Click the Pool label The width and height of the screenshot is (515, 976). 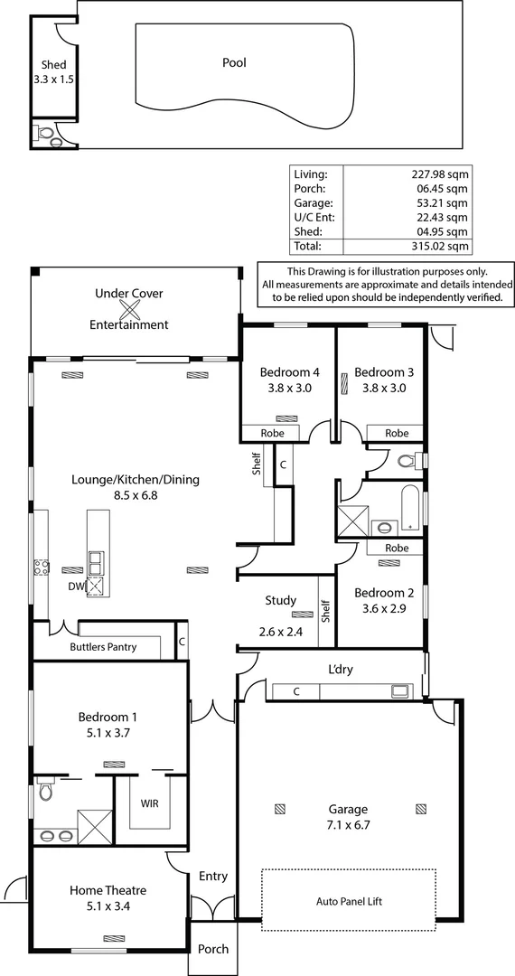point(234,63)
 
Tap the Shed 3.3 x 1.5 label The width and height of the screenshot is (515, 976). point(54,72)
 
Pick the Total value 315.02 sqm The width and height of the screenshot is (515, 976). point(440,246)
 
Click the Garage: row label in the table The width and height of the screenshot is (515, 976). point(312,202)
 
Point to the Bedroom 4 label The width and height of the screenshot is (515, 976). point(289,372)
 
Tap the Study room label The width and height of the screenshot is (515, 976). point(280,600)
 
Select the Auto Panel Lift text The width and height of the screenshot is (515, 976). point(348,901)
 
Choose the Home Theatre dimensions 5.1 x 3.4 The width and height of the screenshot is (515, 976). point(108,906)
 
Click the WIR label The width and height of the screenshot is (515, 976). point(150,802)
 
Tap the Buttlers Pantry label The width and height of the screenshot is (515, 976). point(100,647)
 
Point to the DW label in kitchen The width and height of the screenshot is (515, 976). point(75,586)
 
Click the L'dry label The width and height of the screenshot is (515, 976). point(342,670)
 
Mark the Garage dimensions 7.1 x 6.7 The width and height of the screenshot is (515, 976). point(348,825)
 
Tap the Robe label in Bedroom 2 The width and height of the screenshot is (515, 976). point(396,548)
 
